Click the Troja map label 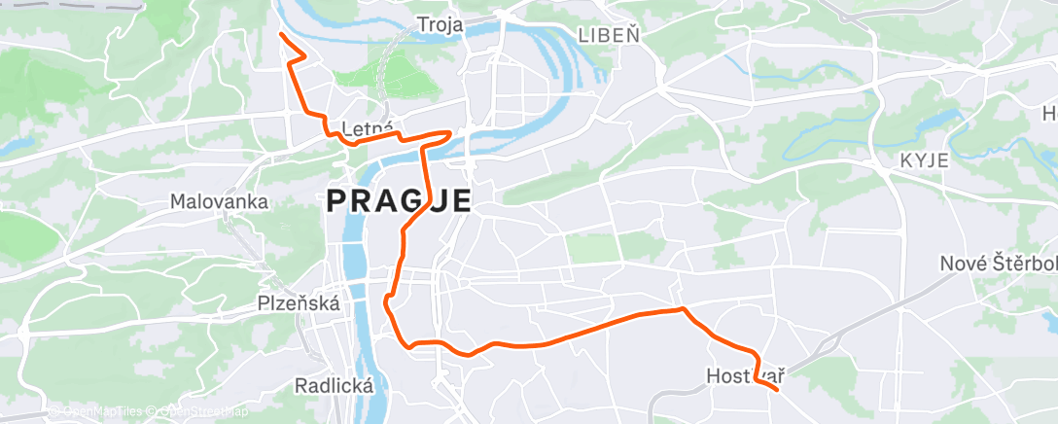(x=440, y=23)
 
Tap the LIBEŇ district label (x=610, y=36)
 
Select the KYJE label (x=923, y=160)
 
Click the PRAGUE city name (x=399, y=201)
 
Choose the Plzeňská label (x=299, y=303)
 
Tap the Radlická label (x=334, y=386)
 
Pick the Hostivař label (x=746, y=374)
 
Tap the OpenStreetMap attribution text (x=199, y=411)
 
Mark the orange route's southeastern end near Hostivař (x=777, y=390)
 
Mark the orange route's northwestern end (x=281, y=34)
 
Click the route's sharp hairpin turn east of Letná (x=449, y=132)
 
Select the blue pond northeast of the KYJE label (x=934, y=122)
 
